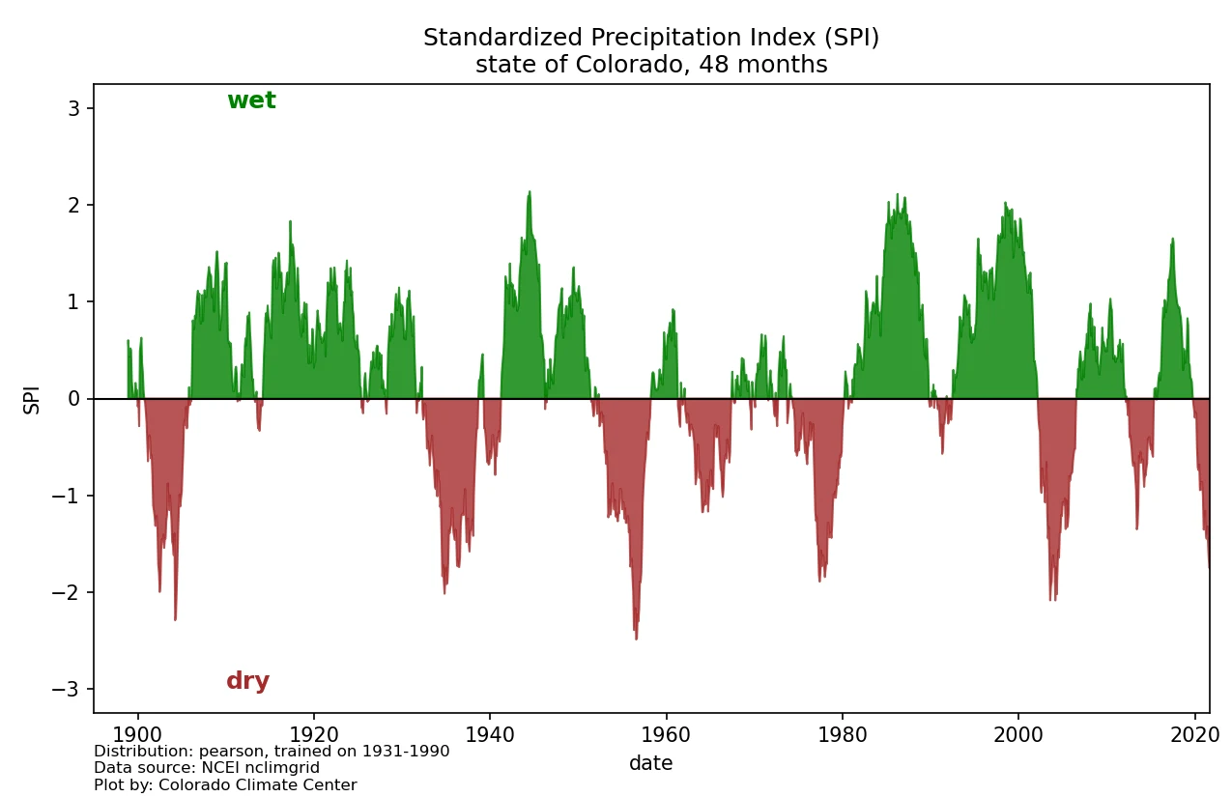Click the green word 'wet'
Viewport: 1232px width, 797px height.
point(251,100)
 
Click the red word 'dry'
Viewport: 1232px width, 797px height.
point(247,681)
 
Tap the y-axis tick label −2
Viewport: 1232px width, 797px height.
point(71,592)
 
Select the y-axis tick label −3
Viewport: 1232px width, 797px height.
point(71,689)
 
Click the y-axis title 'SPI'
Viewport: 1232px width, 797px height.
point(32,399)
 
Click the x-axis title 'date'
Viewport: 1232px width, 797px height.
point(650,763)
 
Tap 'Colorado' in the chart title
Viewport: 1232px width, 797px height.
point(610,65)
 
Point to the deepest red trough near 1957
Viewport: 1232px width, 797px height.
point(636,639)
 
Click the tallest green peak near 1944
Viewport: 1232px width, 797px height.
point(530,191)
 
